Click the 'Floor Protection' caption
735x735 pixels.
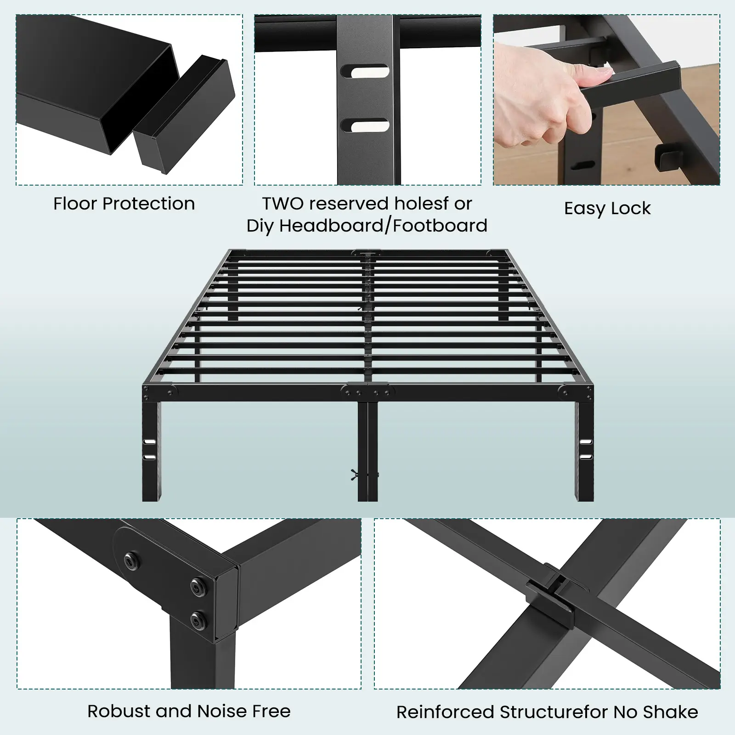click(x=124, y=204)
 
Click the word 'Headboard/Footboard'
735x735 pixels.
click(x=383, y=226)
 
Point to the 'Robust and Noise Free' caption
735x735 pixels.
click(x=189, y=711)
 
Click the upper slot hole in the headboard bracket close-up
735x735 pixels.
click(x=365, y=71)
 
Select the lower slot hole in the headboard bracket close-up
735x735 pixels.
click(x=365, y=125)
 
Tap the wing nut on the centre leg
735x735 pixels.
click(x=355, y=474)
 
